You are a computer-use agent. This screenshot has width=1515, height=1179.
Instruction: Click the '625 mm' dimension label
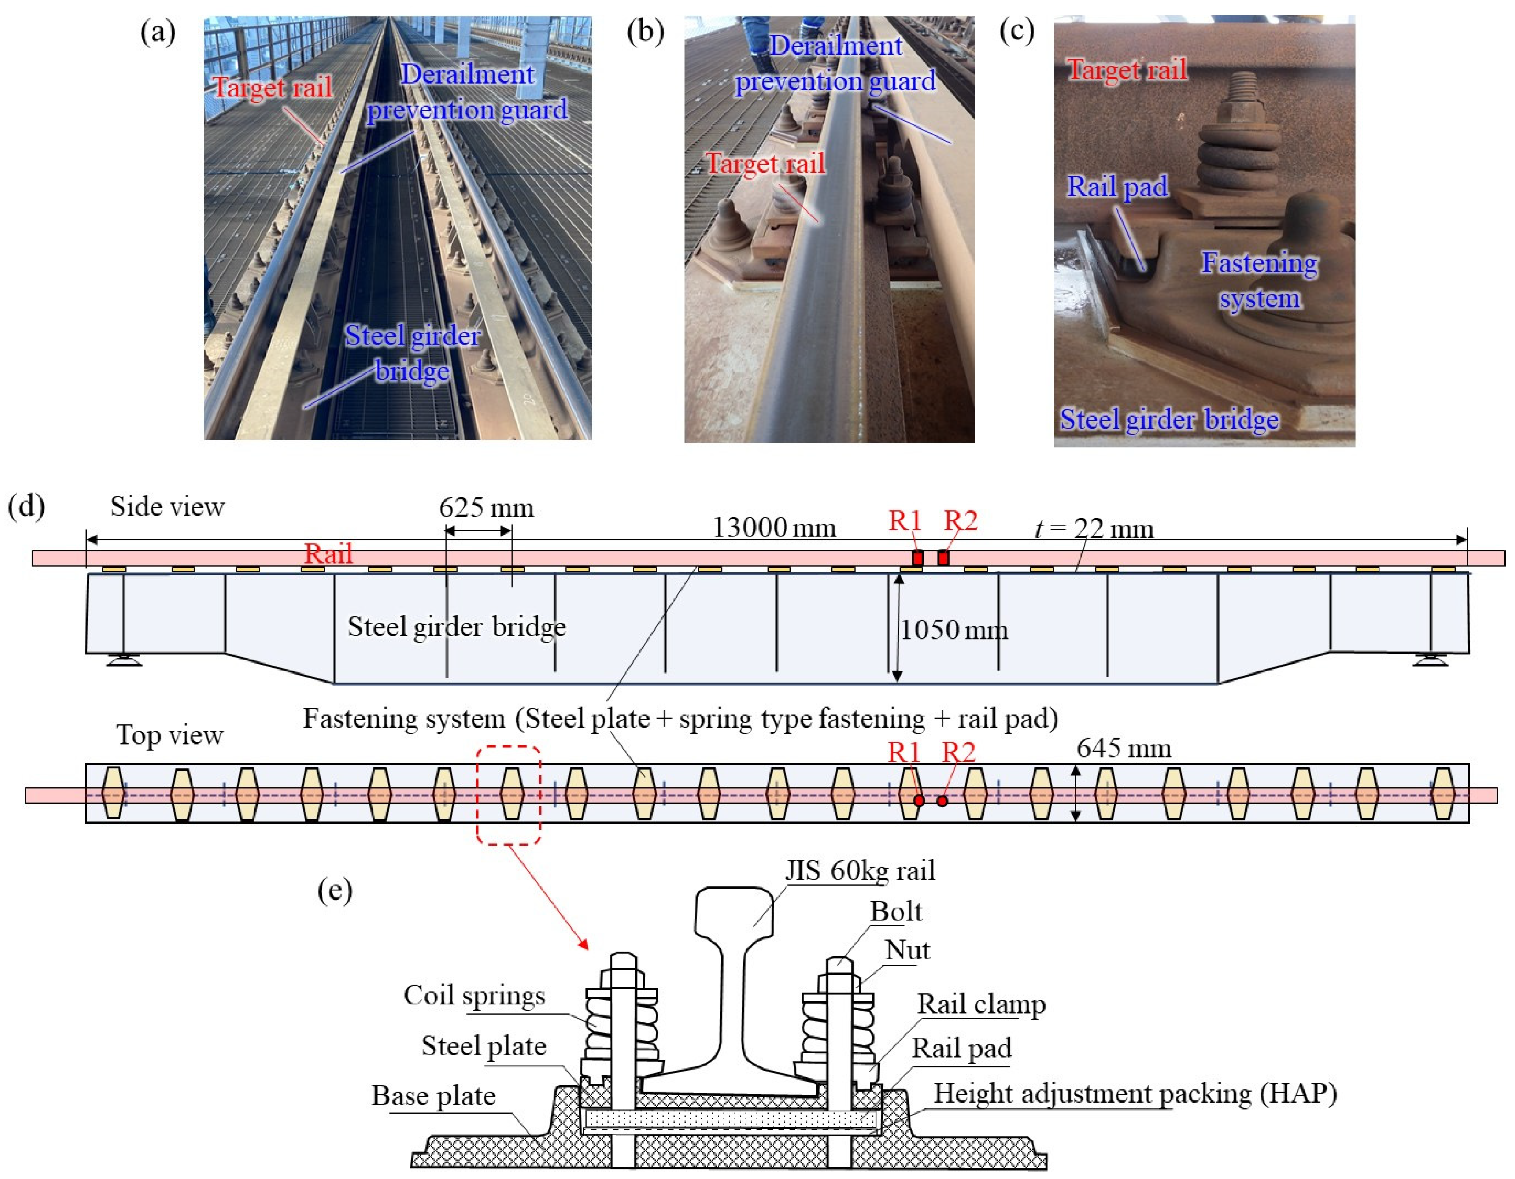(486, 508)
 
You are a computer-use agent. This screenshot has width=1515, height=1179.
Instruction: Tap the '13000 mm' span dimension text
(774, 529)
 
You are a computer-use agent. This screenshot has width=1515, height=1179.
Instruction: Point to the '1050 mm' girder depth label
(954, 631)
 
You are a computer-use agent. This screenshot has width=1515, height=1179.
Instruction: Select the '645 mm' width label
(1124, 748)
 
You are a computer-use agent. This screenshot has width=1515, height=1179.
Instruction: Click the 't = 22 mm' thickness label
(1094, 529)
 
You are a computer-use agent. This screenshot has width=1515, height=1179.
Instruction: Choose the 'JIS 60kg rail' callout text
(860, 870)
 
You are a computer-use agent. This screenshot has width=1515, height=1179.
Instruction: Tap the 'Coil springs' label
(475, 995)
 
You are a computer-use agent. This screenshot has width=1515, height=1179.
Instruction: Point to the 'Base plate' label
(434, 1096)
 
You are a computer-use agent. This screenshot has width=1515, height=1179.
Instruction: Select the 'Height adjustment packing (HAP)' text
(1135, 1093)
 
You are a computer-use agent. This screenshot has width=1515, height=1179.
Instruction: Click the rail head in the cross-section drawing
(734, 908)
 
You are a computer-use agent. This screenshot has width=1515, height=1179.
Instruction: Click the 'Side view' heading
(167, 507)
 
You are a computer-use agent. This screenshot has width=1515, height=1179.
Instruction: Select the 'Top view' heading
(170, 734)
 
